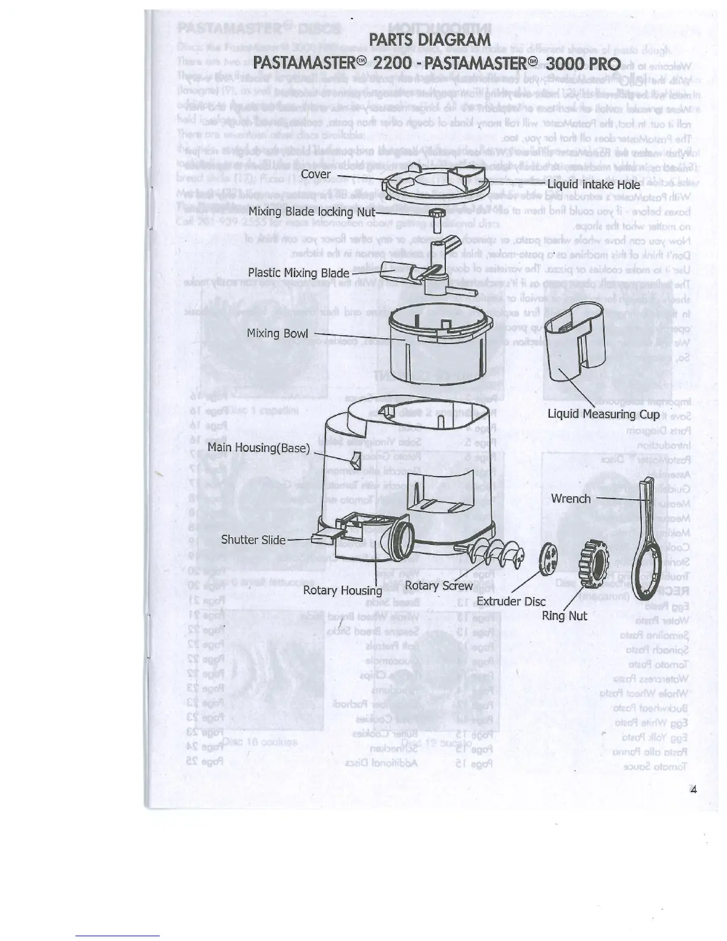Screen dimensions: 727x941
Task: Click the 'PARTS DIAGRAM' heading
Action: tap(429, 40)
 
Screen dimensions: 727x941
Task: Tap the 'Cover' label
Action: tap(315, 174)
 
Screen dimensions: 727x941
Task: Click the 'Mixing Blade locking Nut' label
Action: tap(311, 211)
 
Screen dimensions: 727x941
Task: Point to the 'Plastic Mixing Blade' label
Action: tap(298, 273)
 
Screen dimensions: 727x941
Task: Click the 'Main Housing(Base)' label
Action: tap(258, 447)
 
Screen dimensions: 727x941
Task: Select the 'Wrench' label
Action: tap(571, 498)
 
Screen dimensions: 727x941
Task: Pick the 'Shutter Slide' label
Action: tap(253, 540)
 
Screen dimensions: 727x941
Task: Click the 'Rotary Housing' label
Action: tap(343, 591)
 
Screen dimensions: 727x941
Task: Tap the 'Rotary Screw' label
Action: tap(439, 586)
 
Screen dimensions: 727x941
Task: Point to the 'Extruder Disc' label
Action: tap(511, 601)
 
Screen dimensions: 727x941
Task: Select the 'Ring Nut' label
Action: tap(564, 616)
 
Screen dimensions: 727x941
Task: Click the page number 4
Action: tap(693, 790)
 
